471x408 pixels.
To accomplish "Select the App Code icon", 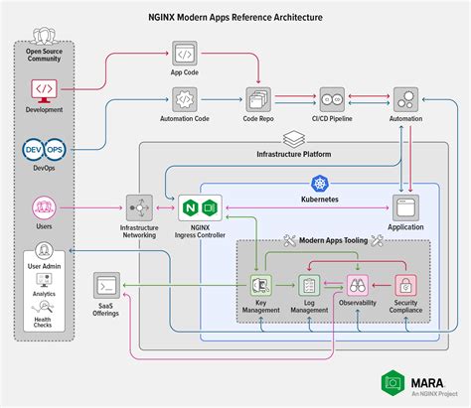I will [185, 54].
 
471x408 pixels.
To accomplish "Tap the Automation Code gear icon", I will [185, 99].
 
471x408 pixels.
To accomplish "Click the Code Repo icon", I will [260, 99].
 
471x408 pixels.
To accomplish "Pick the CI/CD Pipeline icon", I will [335, 99].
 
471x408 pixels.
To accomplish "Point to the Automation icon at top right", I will [405, 99].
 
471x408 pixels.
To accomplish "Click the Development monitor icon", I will [44, 88].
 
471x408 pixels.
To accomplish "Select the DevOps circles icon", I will [44, 150].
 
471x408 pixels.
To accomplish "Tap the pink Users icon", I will [44, 208].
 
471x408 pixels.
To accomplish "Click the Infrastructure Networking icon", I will [139, 208].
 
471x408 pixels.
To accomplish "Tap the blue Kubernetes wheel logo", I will [320, 183].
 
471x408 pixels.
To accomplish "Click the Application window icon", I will [405, 208].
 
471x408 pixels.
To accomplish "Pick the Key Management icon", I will [261, 286].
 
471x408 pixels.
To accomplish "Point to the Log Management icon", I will [308, 286].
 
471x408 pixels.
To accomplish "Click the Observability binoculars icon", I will [357, 286].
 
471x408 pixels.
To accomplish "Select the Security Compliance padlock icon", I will [405, 286].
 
